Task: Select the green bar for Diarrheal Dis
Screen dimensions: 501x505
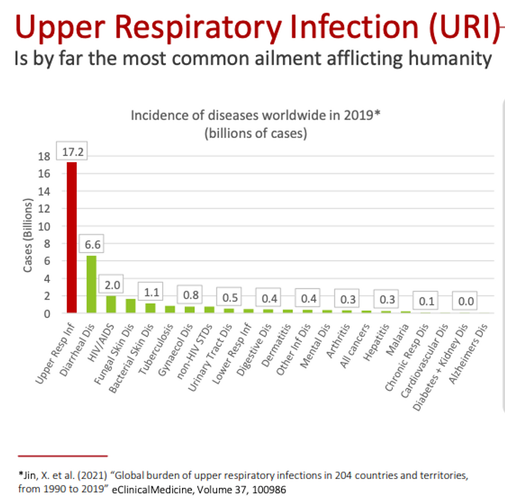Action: [91, 284]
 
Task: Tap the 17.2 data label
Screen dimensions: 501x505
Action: [73, 151]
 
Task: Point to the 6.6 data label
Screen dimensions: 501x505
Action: [92, 244]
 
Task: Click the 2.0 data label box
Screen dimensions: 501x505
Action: [112, 285]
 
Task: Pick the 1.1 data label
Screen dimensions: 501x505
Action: [151, 292]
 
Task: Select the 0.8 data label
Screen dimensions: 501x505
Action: [191, 295]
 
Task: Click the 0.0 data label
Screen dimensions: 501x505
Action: [465, 301]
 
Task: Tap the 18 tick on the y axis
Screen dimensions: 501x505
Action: [44, 156]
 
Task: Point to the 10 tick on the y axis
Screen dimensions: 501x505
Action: [44, 226]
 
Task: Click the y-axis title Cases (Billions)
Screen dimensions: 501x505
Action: [28, 236]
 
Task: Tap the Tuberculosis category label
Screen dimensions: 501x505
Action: [156, 349]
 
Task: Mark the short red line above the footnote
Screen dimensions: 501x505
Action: [63, 456]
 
